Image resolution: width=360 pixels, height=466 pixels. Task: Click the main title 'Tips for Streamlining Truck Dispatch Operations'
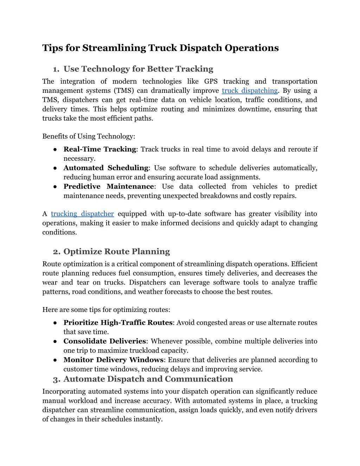point(160,48)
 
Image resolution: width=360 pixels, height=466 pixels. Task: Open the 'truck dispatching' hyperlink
point(250,91)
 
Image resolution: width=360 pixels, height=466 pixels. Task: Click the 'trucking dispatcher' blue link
point(82,214)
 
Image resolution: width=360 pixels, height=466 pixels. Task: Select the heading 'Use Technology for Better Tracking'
point(138,69)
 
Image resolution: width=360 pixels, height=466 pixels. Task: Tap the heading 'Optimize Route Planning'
point(116,251)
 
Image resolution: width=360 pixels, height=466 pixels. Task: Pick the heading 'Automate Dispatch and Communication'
point(148,379)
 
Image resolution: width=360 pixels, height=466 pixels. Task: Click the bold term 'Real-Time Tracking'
point(99,149)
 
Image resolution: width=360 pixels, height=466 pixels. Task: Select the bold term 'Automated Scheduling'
point(106,168)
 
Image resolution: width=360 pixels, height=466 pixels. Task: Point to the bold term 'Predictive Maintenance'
point(109,186)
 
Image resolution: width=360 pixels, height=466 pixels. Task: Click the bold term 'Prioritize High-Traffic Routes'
point(118,323)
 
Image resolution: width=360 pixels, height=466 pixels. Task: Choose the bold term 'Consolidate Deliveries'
point(104,341)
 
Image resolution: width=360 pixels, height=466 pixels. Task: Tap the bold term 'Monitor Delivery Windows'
point(113,360)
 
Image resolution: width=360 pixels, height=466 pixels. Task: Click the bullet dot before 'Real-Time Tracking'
point(55,149)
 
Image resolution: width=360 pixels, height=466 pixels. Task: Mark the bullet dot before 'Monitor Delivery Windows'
point(55,360)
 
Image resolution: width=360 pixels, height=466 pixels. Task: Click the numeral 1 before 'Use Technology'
point(55,69)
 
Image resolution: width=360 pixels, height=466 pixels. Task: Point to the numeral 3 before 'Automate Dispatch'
point(56,379)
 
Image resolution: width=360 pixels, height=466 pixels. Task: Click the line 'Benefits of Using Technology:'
point(89,136)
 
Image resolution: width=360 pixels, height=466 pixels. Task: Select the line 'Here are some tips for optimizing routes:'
point(106,310)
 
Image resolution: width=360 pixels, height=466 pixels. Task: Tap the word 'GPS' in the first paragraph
point(211,82)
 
